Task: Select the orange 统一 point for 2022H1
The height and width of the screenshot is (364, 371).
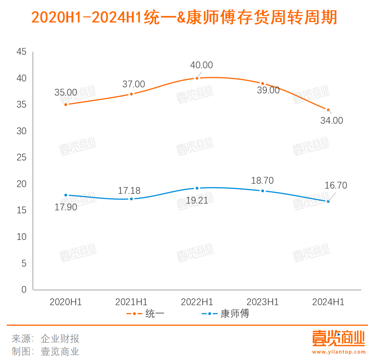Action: point(197,78)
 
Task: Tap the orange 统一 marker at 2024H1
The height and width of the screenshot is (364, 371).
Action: point(328,110)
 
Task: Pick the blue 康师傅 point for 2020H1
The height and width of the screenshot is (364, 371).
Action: point(66,195)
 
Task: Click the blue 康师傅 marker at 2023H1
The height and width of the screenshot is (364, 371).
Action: point(263,191)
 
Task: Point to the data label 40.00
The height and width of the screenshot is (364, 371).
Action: point(201,65)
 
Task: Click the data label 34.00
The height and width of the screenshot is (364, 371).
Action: point(332,120)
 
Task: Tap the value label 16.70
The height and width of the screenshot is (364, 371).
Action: point(336,185)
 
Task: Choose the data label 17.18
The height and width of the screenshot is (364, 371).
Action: point(129,190)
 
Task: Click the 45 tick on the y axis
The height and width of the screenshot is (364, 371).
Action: point(22,52)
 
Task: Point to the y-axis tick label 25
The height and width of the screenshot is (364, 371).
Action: point(22,157)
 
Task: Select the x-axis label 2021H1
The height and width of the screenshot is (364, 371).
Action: point(131,302)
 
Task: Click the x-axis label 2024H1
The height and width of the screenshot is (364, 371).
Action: point(328,302)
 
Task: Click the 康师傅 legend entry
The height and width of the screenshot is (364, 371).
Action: point(225,314)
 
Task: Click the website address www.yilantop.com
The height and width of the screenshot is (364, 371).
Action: point(338,352)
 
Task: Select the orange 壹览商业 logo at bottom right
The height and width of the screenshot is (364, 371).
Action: point(338,339)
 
